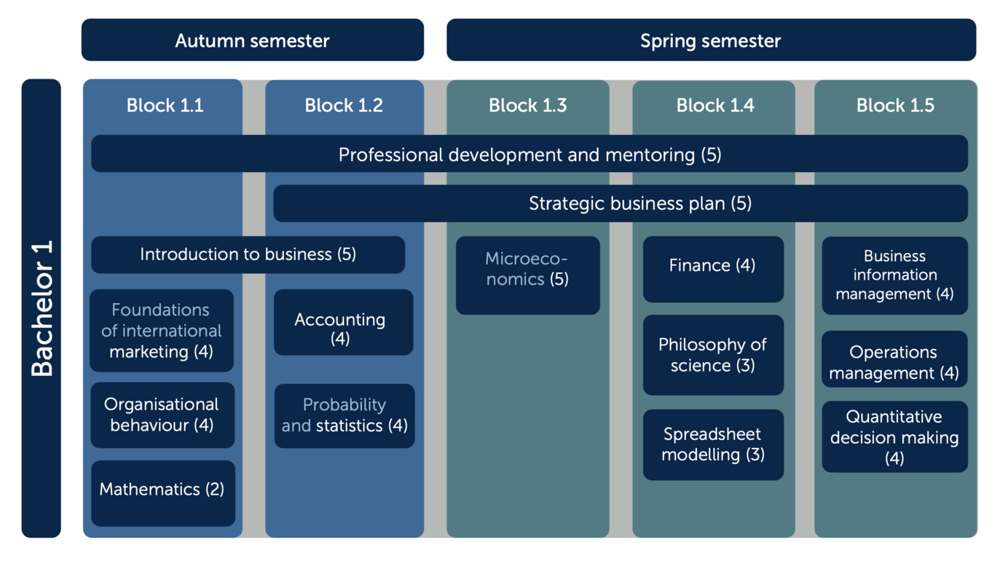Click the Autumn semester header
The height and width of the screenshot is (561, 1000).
click(x=252, y=40)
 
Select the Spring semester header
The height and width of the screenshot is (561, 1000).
click(x=711, y=40)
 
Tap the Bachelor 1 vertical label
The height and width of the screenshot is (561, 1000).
click(x=41, y=308)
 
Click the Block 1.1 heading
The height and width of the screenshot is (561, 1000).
click(x=165, y=106)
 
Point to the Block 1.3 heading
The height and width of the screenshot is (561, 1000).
click(x=528, y=106)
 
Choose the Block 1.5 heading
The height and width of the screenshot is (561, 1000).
click(x=895, y=106)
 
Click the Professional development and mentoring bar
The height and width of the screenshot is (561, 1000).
click(x=529, y=154)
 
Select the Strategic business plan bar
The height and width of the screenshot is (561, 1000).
click(x=621, y=203)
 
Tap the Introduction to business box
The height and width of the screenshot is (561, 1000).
click(x=248, y=254)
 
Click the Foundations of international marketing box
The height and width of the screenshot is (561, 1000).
click(x=162, y=331)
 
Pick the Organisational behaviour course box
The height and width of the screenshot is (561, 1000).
click(x=162, y=415)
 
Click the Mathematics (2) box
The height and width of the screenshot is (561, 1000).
click(x=163, y=493)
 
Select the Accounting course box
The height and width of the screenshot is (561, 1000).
click(x=343, y=322)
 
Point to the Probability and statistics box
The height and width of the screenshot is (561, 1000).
click(x=345, y=416)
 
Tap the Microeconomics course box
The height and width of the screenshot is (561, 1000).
click(x=528, y=275)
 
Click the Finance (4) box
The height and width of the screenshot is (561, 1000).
click(x=713, y=270)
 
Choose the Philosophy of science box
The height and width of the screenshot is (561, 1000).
click(x=713, y=355)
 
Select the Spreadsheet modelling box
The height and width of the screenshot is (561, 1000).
click(x=713, y=445)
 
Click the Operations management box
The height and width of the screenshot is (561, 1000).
click(x=894, y=358)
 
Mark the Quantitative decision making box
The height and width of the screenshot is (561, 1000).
click(x=894, y=436)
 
